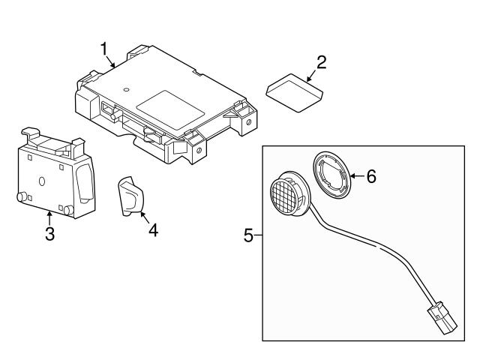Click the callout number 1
click(x=105, y=49)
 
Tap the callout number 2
click(x=321, y=61)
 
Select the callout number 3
click(x=49, y=234)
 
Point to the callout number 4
click(x=152, y=229)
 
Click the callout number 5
click(x=249, y=235)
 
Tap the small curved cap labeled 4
click(x=130, y=196)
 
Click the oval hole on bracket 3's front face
click(x=42, y=181)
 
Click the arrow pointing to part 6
click(x=355, y=176)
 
